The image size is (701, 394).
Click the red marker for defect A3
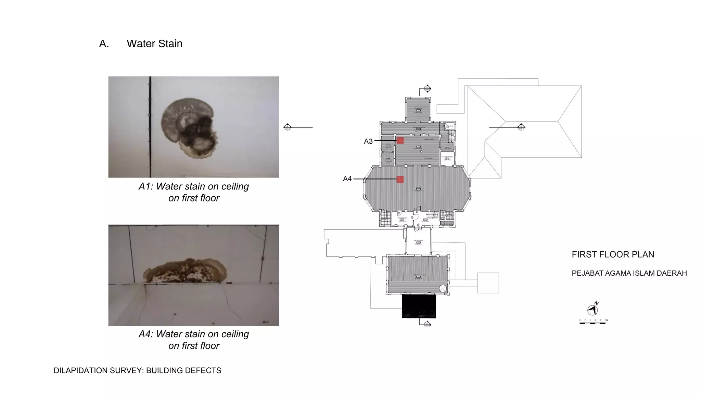400,141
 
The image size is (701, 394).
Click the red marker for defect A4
400,179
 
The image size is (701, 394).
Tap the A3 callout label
368,141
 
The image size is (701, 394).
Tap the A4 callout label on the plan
347,179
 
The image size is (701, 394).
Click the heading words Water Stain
154,44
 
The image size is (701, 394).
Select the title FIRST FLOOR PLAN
613,254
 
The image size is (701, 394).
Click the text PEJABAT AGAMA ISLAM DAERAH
629,273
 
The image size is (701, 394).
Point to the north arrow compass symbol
592,310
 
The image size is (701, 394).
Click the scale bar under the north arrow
593,323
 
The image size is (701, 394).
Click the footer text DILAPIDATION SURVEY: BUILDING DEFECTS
137,371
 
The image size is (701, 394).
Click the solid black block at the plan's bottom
419,306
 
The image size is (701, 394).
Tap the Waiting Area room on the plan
418,242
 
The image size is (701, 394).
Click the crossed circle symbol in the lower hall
443,288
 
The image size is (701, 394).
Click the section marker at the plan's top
427,89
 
